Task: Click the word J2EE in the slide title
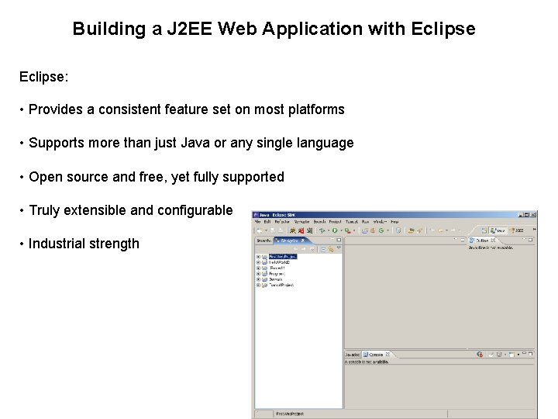click(190, 29)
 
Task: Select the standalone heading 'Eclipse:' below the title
click(44, 78)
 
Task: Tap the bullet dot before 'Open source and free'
click(22, 177)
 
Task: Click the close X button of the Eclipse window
click(532, 214)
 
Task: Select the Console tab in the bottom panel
click(376, 355)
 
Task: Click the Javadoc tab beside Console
click(353, 355)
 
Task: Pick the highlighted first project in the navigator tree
click(282, 256)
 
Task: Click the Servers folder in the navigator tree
click(276, 279)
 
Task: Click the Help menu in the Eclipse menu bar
click(394, 222)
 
